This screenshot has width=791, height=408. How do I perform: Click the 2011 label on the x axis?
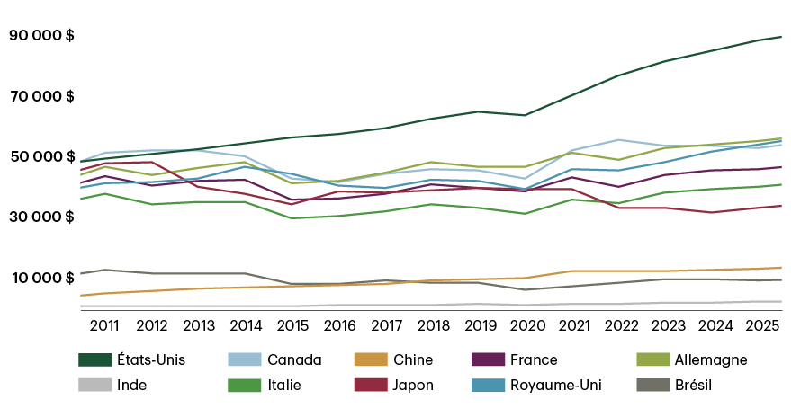(x=104, y=324)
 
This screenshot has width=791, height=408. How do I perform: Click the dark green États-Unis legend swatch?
(x=94, y=359)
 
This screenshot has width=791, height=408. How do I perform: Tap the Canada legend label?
(x=294, y=360)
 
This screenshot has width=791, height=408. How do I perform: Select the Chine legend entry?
(x=413, y=360)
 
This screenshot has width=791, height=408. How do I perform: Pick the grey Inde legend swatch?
(x=94, y=385)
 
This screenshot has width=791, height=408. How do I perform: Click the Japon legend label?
(x=413, y=386)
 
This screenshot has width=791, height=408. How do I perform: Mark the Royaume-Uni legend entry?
(x=555, y=386)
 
